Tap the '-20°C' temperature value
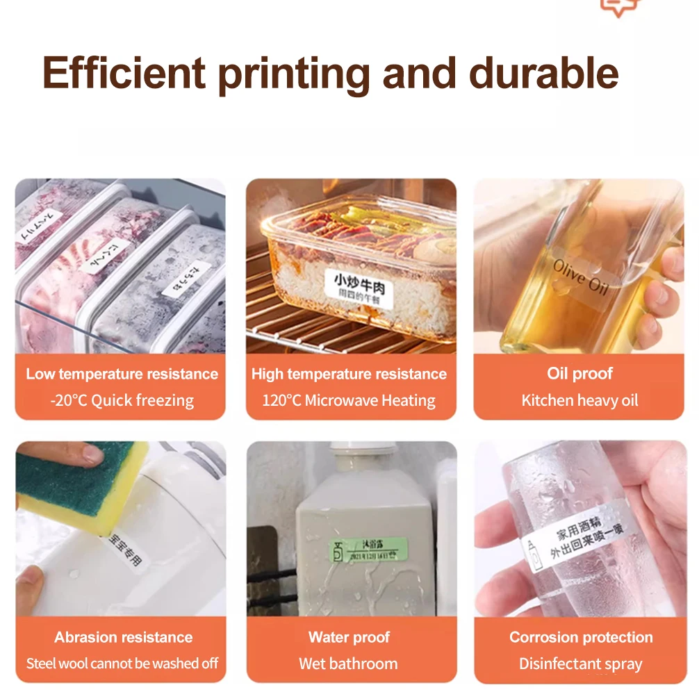pos(69,400)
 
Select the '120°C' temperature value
pos(281,400)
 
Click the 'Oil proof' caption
pos(579,374)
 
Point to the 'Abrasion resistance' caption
pos(123,637)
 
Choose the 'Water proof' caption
pos(349,637)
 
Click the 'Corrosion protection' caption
pos(581,637)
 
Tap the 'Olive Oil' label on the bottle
pos(579,276)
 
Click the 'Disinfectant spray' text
pos(581,664)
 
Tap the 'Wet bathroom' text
pos(349,664)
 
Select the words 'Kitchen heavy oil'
pos(579,400)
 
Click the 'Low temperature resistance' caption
pos(122,374)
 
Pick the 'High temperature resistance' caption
pos(349,374)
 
